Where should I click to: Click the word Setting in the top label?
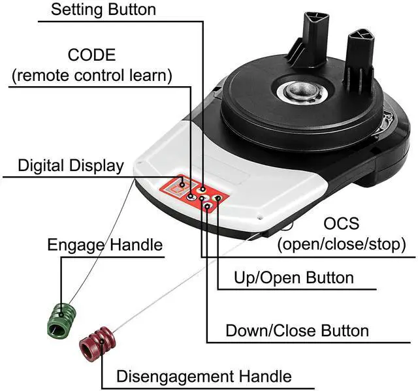(78, 9)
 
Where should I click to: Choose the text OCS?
(341, 224)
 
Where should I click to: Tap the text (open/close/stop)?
(341, 245)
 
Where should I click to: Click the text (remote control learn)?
(91, 75)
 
